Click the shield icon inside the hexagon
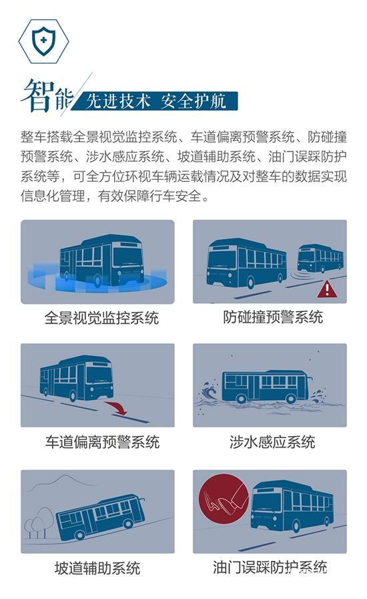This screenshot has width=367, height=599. pyautogui.click(x=43, y=41)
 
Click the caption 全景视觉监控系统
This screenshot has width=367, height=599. pyautogui.click(x=101, y=318)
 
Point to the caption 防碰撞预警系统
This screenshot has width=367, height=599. pyautogui.click(x=273, y=317)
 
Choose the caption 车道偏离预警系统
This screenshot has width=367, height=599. pyautogui.click(x=102, y=442)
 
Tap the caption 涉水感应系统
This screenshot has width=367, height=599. pyautogui.click(x=272, y=442)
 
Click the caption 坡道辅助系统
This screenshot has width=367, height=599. pyautogui.click(x=97, y=568)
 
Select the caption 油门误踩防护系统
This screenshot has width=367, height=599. pyautogui.click(x=270, y=567)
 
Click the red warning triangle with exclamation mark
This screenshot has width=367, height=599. pyautogui.click(x=327, y=289)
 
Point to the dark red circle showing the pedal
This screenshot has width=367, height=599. pyautogui.click(x=224, y=499)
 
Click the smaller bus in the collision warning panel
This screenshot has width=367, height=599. pyautogui.click(x=320, y=258)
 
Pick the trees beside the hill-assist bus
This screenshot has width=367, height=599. pyautogui.click(x=39, y=522)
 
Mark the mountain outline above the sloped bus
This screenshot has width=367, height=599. pyautogui.click(x=63, y=482)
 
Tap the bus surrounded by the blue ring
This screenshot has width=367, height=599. pyautogui.click(x=102, y=260)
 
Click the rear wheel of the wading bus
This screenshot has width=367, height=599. pyautogui.click(x=291, y=399)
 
